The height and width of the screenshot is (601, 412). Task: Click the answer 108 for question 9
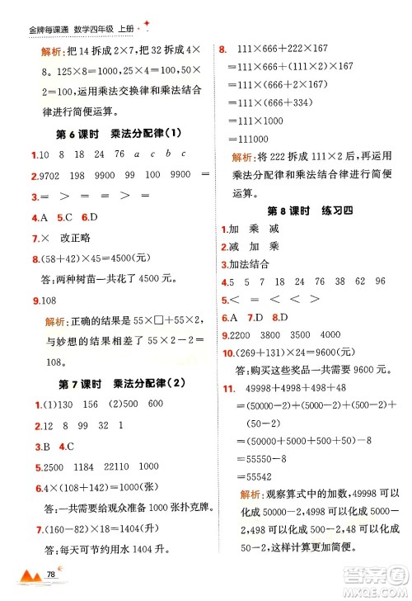[x=45, y=300]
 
